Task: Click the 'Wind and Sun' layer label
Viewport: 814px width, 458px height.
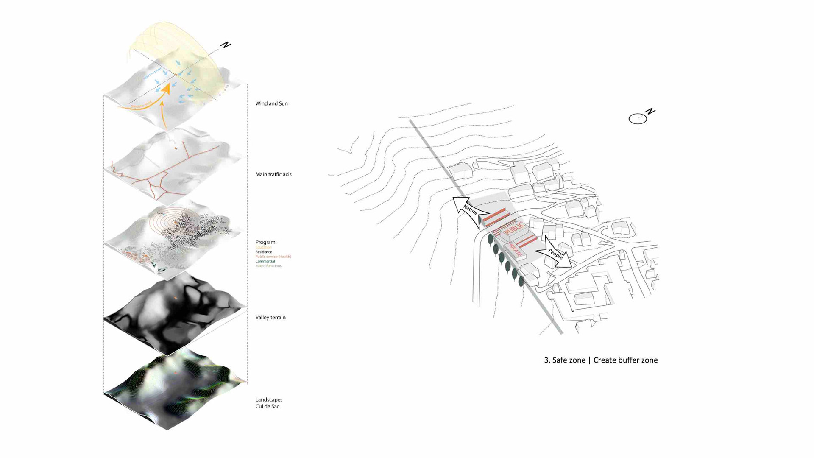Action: [271, 103]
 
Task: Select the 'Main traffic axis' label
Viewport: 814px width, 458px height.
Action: [273, 174]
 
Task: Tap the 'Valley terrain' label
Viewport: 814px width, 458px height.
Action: [270, 317]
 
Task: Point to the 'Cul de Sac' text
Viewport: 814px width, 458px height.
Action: [267, 406]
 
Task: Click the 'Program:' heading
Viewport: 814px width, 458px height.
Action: [266, 242]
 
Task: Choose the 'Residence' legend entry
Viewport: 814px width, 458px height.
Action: [263, 252]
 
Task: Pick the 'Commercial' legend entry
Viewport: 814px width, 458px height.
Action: [265, 261]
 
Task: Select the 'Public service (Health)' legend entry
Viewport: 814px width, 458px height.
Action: [273, 257]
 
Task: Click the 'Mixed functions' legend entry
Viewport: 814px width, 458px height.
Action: [268, 266]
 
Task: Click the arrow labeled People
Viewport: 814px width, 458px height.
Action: [555, 253]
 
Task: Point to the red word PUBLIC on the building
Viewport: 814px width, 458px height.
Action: [514, 231]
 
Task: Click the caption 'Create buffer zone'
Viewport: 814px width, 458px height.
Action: [625, 360]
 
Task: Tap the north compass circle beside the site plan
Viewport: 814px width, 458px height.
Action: [638, 119]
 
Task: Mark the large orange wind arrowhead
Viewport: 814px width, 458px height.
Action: [167, 88]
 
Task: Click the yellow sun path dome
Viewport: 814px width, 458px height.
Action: [187, 47]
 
